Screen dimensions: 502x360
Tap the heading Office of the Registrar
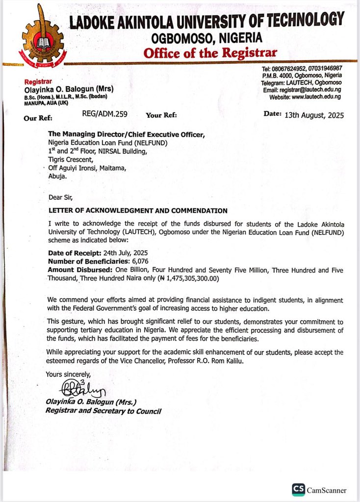[x=210, y=52]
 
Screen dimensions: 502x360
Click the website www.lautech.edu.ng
[x=316, y=97]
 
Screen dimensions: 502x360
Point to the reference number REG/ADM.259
[x=104, y=114]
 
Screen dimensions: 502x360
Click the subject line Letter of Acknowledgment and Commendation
[x=138, y=210]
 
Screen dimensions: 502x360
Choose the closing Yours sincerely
[x=68, y=375]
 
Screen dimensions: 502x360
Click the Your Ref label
[x=161, y=116]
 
